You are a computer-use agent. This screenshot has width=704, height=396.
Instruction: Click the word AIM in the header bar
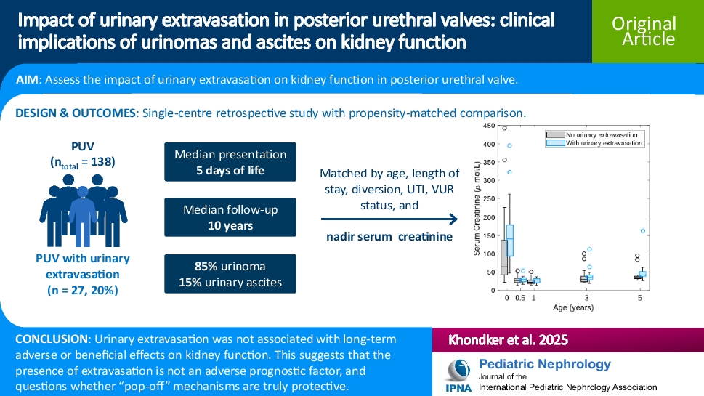coord(28,81)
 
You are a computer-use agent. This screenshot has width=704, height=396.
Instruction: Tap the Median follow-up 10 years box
coord(230,217)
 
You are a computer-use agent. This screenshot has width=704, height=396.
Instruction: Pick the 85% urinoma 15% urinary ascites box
coord(230,273)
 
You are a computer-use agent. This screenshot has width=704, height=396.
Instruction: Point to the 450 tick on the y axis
coord(490,126)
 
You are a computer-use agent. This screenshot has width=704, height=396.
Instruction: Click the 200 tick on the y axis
coord(490,217)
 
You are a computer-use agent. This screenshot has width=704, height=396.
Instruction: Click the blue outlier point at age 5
coord(642,231)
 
